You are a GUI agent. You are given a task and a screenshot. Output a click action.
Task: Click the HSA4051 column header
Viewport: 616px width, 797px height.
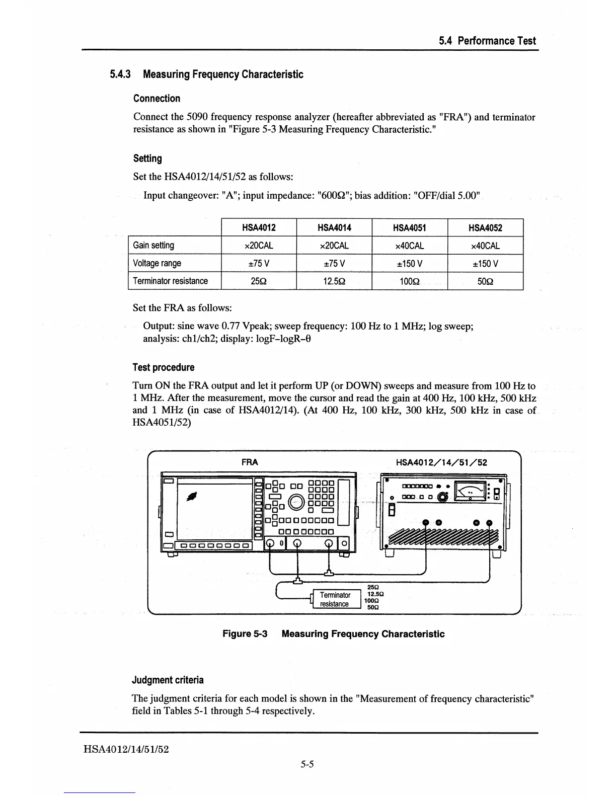click(409, 228)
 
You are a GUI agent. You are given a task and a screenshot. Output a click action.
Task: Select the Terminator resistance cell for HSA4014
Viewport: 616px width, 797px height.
click(334, 281)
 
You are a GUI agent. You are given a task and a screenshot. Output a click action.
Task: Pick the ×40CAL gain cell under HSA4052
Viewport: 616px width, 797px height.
click(485, 246)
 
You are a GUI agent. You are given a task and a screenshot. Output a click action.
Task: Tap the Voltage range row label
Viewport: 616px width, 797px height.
click(157, 263)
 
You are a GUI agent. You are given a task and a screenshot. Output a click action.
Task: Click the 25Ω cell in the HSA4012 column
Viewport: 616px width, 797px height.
click(259, 281)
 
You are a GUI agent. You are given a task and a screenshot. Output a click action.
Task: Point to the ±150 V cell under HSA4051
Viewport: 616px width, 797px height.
click(409, 263)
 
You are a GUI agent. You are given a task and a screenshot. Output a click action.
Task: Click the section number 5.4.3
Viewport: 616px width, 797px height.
click(120, 74)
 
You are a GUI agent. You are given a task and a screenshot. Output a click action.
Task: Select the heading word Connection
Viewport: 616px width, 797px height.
click(157, 99)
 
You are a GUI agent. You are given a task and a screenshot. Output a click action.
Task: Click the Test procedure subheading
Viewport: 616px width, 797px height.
click(163, 367)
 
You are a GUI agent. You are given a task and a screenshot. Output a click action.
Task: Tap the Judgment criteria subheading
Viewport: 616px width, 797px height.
click(168, 680)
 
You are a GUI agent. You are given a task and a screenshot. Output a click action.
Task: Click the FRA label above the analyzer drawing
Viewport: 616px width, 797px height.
click(250, 462)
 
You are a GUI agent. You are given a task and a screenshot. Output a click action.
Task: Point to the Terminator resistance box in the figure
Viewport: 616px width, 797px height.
click(335, 599)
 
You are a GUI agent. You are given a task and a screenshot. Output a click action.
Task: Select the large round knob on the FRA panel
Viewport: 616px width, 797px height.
click(296, 502)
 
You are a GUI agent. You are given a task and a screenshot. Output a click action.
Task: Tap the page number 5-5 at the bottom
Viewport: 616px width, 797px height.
click(307, 764)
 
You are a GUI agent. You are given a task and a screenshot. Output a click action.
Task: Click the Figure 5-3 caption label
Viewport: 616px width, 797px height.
click(244, 634)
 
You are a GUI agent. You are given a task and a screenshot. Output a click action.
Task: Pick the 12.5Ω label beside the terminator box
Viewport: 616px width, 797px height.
click(373, 594)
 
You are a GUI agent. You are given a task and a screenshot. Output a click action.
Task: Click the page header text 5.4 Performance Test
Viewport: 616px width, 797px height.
click(487, 41)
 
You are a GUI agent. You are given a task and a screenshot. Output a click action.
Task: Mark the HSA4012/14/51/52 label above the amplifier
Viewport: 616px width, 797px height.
click(441, 462)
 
